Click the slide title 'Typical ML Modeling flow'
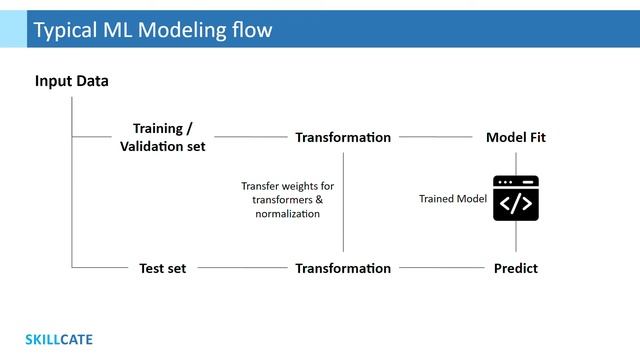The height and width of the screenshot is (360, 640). coord(152,30)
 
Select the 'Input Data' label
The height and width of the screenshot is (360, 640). coord(72,81)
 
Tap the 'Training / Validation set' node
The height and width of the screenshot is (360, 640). coord(163,137)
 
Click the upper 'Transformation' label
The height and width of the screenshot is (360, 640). coord(343,137)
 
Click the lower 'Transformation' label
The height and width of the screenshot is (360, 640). coord(343,268)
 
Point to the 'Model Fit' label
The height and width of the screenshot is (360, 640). coord(516,137)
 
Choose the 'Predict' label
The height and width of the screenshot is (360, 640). coord(516,268)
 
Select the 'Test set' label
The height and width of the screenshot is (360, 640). coord(163,268)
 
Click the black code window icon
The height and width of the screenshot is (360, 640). coord(516,198)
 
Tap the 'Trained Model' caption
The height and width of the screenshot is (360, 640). coord(452,199)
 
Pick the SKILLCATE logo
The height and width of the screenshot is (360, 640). coord(59,339)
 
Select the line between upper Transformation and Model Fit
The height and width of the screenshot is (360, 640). coord(435,137)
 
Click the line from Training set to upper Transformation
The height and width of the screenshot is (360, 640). coord(250,137)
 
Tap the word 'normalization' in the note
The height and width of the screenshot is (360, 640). coord(288,213)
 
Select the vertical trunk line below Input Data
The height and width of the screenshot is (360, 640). coord(72,200)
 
